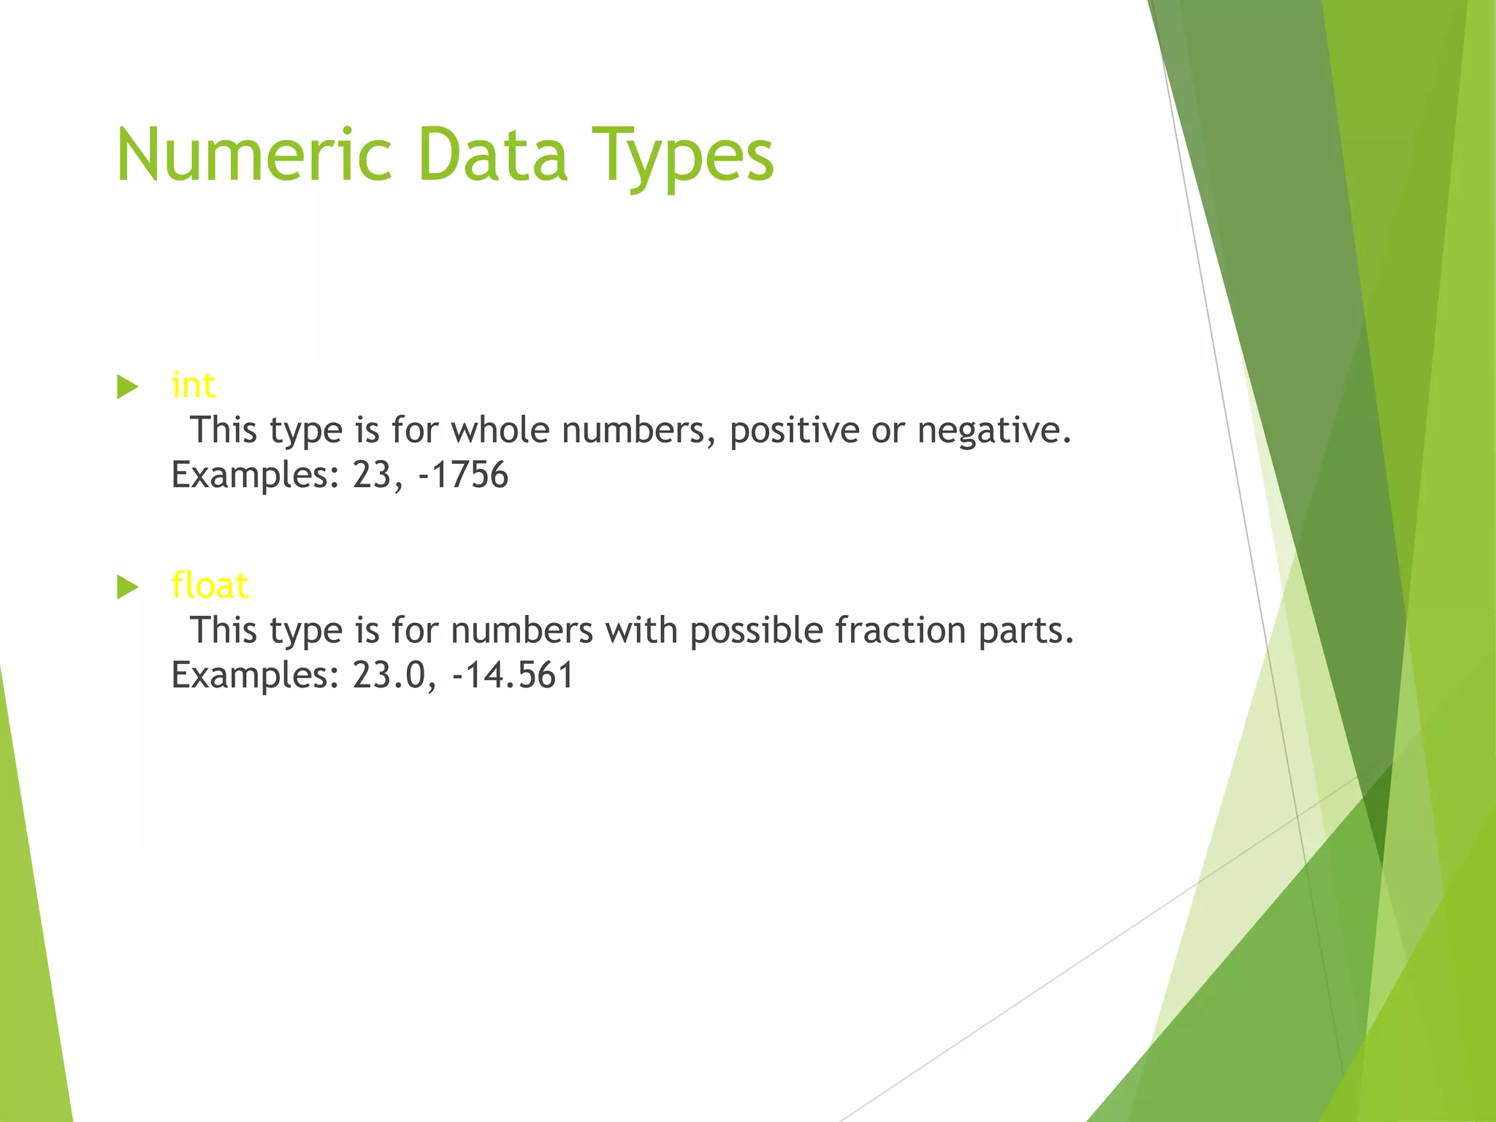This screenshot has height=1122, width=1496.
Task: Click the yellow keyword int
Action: click(194, 385)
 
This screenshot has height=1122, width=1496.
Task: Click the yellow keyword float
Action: click(210, 585)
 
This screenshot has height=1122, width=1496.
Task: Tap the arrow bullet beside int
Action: click(128, 386)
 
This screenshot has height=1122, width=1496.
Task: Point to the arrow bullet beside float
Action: click(128, 587)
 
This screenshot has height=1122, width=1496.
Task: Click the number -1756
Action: click(463, 475)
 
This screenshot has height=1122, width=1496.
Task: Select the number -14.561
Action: click(514, 675)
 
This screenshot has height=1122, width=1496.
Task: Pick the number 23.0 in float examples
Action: click(389, 675)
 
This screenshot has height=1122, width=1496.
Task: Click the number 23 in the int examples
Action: click(373, 475)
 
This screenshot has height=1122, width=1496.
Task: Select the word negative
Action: click(994, 431)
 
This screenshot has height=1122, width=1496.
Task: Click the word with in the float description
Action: click(641, 630)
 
